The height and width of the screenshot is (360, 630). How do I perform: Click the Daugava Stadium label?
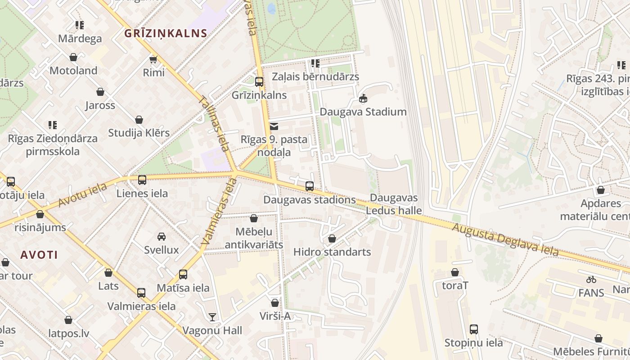coord(363,112)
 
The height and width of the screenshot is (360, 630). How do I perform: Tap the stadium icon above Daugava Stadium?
coord(363,98)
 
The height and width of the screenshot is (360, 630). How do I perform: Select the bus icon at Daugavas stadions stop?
coord(310,186)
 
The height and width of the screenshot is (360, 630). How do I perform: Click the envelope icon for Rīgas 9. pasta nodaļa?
coord(274,126)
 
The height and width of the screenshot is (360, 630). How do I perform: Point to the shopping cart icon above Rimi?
coord(153,59)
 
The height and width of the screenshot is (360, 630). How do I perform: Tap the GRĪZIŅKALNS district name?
coord(166,33)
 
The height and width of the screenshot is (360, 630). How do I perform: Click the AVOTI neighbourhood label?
coord(39,255)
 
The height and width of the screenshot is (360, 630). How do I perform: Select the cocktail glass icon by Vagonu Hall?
coord(212,317)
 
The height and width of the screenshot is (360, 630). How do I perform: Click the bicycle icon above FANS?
coord(591,279)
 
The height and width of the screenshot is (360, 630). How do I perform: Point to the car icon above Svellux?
coord(162,237)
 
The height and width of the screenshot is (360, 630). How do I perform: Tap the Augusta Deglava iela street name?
coord(505,240)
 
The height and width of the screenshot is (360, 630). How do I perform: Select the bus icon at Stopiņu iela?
coord(474,329)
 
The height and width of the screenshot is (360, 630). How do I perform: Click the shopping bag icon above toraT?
coord(455,272)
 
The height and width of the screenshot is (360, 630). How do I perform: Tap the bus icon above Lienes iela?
coord(142,180)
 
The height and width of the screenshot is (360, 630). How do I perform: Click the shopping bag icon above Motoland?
coord(73,57)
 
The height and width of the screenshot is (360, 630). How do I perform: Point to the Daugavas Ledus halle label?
coord(394,204)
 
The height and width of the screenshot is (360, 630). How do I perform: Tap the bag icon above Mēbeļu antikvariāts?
coord(254,218)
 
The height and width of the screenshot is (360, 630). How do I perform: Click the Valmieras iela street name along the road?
coord(219,211)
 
